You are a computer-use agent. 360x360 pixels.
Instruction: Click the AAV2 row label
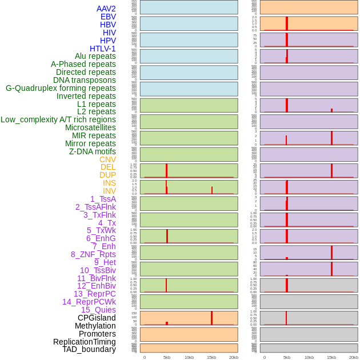click(x=106, y=9)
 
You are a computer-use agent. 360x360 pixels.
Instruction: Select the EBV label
click(x=108, y=17)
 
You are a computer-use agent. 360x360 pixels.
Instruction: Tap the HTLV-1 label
click(x=102, y=49)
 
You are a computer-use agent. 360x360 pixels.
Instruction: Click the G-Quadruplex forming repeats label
click(x=61, y=88)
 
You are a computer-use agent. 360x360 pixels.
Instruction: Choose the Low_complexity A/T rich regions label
click(x=58, y=119)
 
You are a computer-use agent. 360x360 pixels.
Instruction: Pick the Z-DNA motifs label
click(x=92, y=151)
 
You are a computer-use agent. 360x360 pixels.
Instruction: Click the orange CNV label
click(x=107, y=159)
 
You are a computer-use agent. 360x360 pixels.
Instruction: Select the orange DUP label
click(x=107, y=175)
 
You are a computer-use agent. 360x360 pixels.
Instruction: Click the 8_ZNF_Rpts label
click(x=93, y=254)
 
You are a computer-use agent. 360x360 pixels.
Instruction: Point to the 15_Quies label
click(x=98, y=310)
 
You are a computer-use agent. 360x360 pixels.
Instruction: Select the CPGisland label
click(x=97, y=318)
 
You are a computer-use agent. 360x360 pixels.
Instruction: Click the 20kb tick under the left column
click(x=234, y=357)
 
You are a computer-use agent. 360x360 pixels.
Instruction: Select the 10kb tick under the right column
click(x=309, y=357)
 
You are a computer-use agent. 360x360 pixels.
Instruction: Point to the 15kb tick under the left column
click(x=211, y=357)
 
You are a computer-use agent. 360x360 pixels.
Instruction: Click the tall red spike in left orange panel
click(x=211, y=318)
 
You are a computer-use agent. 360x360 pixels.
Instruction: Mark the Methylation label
click(x=95, y=326)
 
